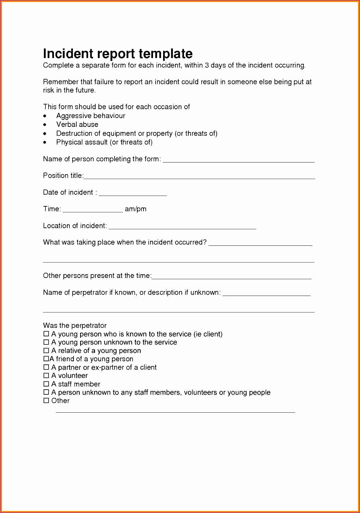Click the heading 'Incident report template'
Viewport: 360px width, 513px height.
(x=118, y=54)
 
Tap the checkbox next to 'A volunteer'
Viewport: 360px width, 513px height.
(x=46, y=375)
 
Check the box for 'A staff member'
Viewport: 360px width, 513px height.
(x=46, y=384)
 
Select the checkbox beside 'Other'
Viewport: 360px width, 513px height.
(x=46, y=400)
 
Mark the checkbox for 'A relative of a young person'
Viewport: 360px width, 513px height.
(x=46, y=351)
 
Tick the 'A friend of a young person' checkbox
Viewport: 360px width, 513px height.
(x=46, y=359)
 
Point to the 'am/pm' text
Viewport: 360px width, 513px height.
(x=136, y=209)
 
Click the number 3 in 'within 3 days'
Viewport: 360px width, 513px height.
(x=207, y=65)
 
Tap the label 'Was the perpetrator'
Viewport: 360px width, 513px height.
(x=75, y=325)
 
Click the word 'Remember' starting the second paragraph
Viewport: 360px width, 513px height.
(x=61, y=82)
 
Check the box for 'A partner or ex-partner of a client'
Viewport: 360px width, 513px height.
(x=46, y=367)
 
